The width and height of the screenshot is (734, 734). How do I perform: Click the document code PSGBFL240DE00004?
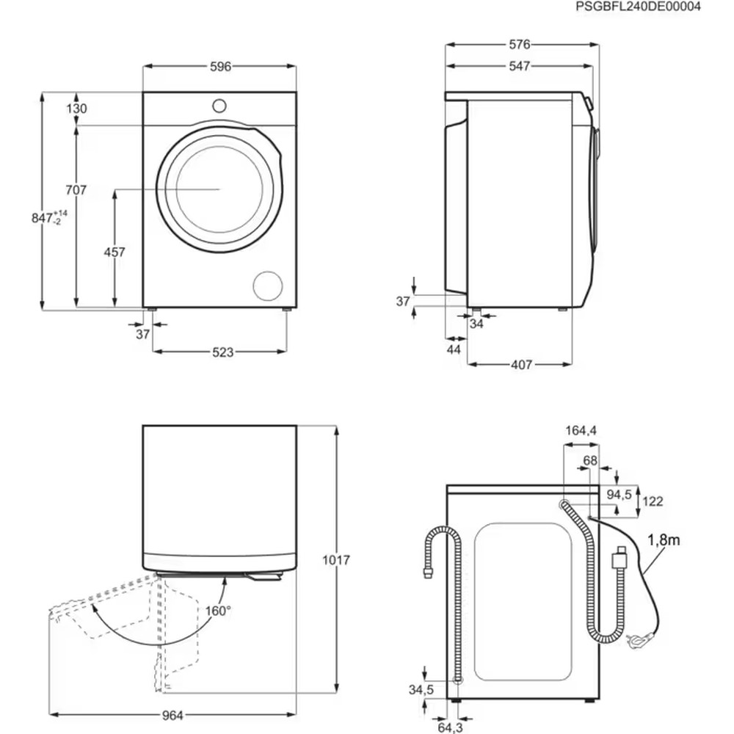638,7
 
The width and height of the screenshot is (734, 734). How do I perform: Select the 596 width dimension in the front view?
220,67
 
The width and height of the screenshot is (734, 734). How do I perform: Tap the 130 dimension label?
76,109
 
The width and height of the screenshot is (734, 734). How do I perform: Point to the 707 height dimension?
76,190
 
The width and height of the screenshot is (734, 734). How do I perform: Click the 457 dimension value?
114,252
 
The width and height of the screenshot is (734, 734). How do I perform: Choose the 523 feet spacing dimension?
219,352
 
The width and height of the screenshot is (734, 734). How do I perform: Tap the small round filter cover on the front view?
266,286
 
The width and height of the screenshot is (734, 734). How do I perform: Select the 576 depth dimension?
520,45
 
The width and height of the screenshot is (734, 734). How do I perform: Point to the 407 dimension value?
520,364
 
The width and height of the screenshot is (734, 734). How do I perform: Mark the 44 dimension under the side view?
454,350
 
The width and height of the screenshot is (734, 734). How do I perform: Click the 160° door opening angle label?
218,610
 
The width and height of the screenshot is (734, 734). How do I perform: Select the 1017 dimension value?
337,560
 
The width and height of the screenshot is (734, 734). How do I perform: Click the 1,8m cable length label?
664,541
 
